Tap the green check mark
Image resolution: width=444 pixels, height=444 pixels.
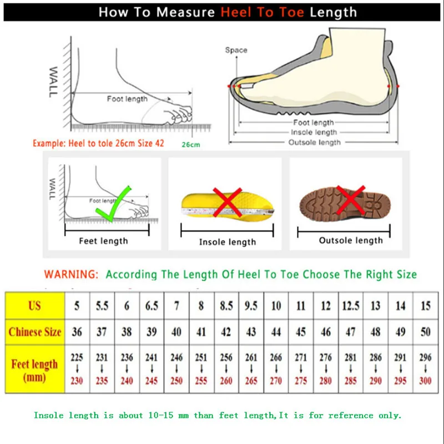point(113,202)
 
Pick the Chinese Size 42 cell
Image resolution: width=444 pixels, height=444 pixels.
point(226,332)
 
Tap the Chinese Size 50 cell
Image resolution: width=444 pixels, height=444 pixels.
point(426,332)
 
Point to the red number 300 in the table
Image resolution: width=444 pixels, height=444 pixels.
point(426,381)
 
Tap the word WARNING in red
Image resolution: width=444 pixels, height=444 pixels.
point(72,274)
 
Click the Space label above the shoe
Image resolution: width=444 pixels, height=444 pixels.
point(236,51)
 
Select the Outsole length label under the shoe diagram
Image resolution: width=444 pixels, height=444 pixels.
point(314,143)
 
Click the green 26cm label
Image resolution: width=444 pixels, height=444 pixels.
point(190,145)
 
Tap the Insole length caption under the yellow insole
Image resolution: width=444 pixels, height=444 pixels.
point(228,242)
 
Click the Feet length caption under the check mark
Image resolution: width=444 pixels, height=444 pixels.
point(103,241)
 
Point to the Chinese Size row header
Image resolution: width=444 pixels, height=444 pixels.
point(34,332)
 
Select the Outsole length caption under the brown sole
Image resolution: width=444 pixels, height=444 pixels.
point(351,240)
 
